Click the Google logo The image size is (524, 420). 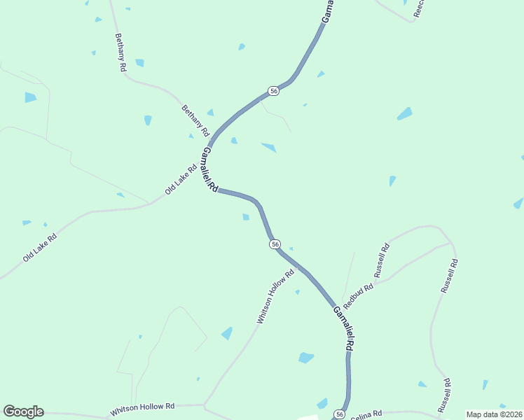pyautogui.click(x=23, y=412)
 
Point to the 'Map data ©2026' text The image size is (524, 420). pyautogui.click(x=494, y=414)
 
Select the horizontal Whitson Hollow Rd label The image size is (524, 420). pyautogui.click(x=142, y=407)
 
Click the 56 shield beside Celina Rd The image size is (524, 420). pyautogui.click(x=339, y=414)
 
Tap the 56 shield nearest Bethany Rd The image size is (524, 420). pyautogui.click(x=274, y=92)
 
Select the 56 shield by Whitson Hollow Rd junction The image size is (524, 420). pyautogui.click(x=275, y=244)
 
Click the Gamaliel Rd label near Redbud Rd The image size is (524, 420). pyautogui.click(x=343, y=329)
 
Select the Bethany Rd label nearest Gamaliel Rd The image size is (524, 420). pyautogui.click(x=195, y=120)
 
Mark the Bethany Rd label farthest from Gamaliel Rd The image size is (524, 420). pyautogui.click(x=120, y=52)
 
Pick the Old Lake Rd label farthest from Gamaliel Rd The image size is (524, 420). pyautogui.click(x=39, y=247)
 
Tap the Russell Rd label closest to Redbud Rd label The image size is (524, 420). pyautogui.click(x=382, y=260)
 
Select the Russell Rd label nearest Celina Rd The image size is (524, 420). pyautogui.click(x=443, y=395)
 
